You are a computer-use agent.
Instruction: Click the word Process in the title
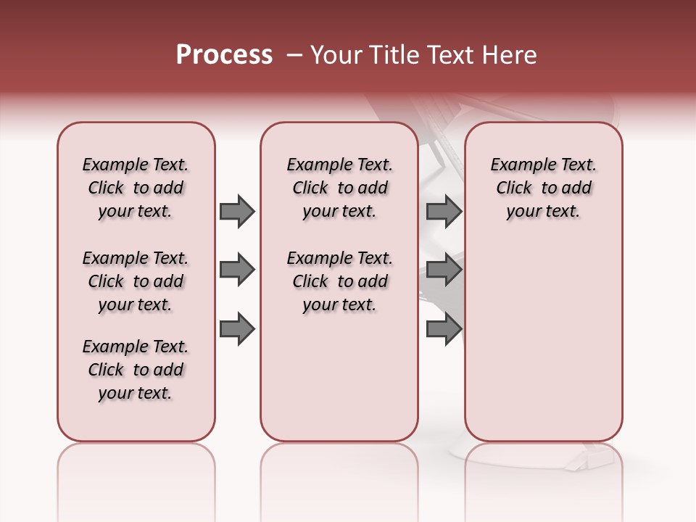[x=224, y=55]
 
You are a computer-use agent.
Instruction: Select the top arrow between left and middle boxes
[x=237, y=211]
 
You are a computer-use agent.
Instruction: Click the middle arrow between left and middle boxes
[x=237, y=270]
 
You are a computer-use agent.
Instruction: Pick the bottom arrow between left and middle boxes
[x=237, y=329]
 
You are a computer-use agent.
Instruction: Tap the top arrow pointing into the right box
[x=444, y=211]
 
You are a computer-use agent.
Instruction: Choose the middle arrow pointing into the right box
[x=444, y=270]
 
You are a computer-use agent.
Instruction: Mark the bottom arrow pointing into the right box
[x=444, y=329]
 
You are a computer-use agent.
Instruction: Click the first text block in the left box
[x=136, y=188]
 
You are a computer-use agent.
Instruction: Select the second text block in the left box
[x=136, y=281]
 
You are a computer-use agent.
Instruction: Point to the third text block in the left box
[x=136, y=370]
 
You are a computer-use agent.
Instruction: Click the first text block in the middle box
[x=339, y=188]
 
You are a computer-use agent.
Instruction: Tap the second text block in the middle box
[x=339, y=281]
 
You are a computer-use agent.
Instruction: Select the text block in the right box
[x=543, y=188]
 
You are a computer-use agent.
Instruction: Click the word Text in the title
[x=449, y=55]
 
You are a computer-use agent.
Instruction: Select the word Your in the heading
[x=336, y=55]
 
